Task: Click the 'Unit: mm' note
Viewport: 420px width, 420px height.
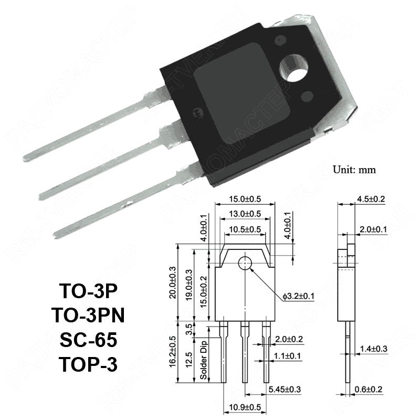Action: pos(355,170)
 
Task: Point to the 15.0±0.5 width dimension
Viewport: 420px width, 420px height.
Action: pos(245,199)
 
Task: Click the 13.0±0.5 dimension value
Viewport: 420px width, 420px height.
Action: pos(245,214)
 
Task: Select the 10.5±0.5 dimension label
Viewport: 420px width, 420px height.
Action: pos(245,229)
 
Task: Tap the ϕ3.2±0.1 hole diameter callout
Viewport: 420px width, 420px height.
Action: pos(298,297)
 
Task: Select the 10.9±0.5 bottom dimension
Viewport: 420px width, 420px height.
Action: pos(245,407)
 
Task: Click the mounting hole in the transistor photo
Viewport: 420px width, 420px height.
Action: pos(292,68)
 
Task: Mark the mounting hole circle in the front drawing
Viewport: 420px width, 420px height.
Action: pos(245,264)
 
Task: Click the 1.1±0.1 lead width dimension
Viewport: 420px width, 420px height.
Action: pos(288,356)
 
